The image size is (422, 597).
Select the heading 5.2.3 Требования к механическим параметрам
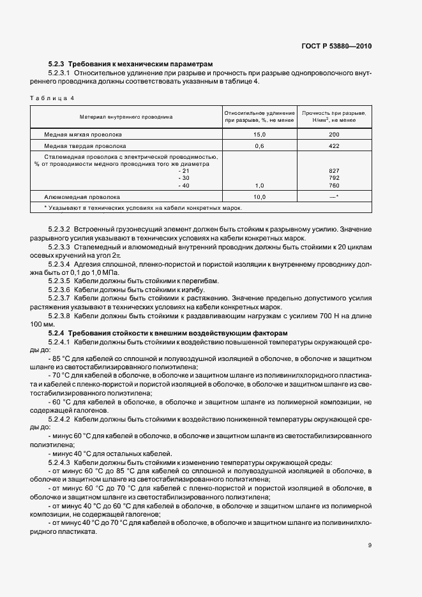coord(130,64)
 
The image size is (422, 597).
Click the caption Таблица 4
coord(52,98)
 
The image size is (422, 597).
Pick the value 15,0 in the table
coord(259,135)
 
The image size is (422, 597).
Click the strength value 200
coord(334,135)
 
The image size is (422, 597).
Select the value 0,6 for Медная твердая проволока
coord(259,146)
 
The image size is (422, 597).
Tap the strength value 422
coord(334,146)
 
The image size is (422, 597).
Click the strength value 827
coord(334,171)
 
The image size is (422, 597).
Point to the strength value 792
coord(334,178)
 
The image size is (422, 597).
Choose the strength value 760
coord(334,186)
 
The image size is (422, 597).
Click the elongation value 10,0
coord(259,197)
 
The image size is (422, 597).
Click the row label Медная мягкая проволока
coord(83,135)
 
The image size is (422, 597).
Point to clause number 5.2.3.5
coord(59,281)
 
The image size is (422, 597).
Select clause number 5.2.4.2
coord(59,418)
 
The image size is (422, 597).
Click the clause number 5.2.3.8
coord(59,314)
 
